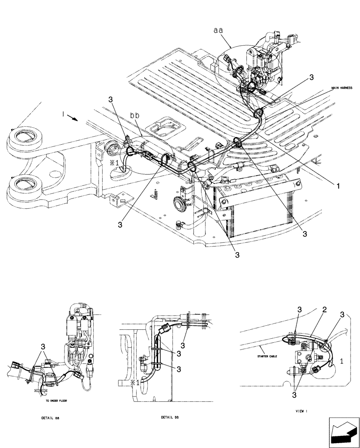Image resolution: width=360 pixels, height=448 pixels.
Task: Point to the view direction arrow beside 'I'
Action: (73, 119)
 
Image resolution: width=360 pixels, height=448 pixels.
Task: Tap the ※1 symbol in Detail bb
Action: (134, 383)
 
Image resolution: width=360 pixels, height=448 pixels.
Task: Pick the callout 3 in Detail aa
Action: (43, 346)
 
